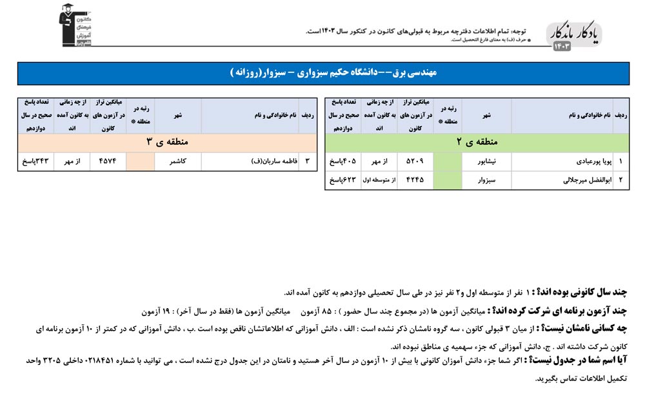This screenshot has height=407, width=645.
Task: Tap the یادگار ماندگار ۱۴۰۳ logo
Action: click(x=573, y=37)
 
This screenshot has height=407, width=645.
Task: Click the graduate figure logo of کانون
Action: click(x=75, y=25)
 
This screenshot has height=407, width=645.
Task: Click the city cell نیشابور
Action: click(x=486, y=160)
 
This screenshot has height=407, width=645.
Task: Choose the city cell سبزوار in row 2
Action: click(x=486, y=181)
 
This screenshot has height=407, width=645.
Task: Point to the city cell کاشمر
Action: click(x=177, y=160)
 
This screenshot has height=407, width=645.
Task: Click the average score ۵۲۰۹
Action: click(x=415, y=160)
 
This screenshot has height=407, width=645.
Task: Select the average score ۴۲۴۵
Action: click(x=415, y=181)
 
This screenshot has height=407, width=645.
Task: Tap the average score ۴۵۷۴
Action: click(x=108, y=160)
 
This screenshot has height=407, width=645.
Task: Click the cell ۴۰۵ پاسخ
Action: click(x=342, y=160)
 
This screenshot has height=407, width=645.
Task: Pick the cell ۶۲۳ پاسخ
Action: click(x=342, y=181)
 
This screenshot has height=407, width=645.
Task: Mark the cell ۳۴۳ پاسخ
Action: click(x=36, y=160)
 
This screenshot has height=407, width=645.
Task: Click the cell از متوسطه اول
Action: click(x=380, y=181)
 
